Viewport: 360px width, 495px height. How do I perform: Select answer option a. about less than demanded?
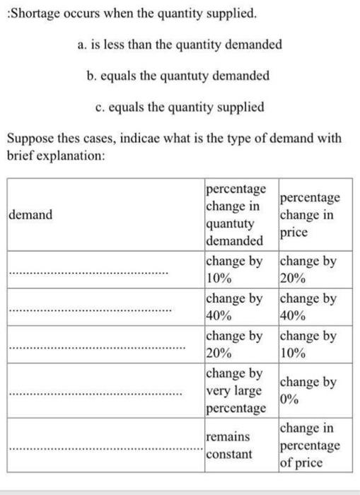[x=180, y=44]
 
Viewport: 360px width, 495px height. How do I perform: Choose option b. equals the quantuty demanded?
[x=181, y=75]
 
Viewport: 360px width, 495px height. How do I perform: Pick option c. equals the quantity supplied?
[x=180, y=107]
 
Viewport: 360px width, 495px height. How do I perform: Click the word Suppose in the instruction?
[x=29, y=139]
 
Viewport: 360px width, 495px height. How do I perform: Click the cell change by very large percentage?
[x=236, y=390]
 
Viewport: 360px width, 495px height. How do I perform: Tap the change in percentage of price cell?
[x=310, y=445]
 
